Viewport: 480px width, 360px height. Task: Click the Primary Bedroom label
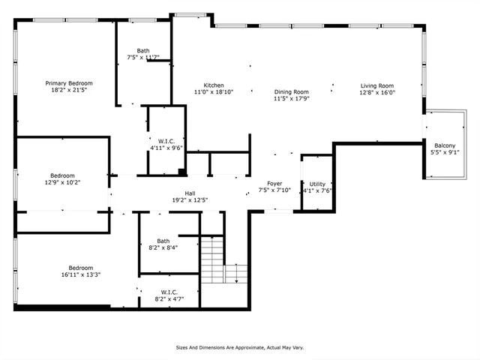point(69,83)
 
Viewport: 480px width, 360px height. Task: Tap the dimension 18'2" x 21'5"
point(69,91)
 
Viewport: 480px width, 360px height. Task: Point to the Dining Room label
point(291,91)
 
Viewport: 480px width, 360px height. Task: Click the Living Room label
point(377,85)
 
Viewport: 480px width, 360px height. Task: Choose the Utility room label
point(317,184)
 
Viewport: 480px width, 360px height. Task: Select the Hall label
point(180,193)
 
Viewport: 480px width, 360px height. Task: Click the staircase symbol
point(212,259)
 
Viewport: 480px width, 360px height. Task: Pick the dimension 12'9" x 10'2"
point(63,182)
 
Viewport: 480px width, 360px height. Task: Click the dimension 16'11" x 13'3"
point(80,274)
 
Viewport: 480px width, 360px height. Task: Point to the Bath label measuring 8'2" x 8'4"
point(163,241)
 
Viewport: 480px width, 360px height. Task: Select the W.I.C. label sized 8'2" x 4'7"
point(168,292)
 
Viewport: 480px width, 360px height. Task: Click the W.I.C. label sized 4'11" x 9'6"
point(166,140)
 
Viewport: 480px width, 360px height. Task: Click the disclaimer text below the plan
point(239,347)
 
